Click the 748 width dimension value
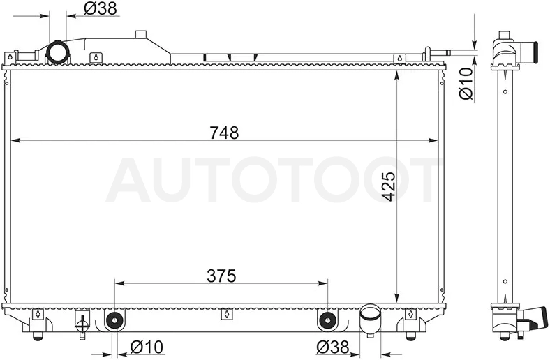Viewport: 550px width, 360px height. coord(224,133)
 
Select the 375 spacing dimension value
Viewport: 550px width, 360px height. coord(221,276)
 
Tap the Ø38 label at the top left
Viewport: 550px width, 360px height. coord(101,8)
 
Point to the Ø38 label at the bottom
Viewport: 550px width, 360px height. coord(332,347)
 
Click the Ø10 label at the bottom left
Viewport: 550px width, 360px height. coord(147,347)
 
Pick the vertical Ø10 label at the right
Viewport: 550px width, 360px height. coord(466,84)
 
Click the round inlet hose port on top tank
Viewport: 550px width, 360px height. coord(58,52)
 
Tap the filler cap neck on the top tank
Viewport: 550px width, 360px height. coord(141,34)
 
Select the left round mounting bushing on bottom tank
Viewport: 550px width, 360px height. coord(114,320)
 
